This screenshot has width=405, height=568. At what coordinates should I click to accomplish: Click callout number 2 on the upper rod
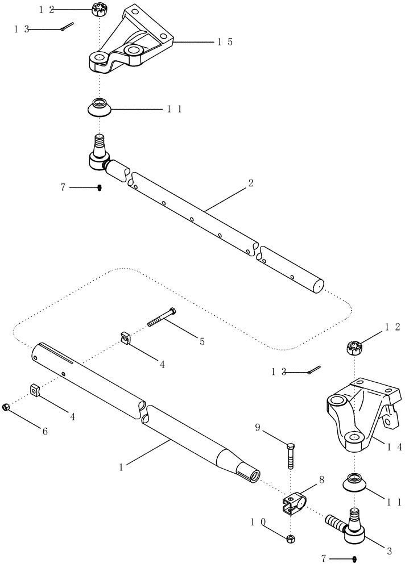pyautogui.click(x=251, y=184)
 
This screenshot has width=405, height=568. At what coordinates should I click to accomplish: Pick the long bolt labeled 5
pyautogui.click(x=162, y=317)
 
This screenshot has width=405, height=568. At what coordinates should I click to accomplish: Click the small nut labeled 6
pyautogui.click(x=5, y=406)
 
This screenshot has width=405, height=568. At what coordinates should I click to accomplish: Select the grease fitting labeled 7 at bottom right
pyautogui.click(x=354, y=558)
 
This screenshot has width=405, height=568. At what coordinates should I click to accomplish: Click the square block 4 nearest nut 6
pyautogui.click(x=35, y=391)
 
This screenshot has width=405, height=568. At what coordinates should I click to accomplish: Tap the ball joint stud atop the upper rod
pyautogui.click(x=98, y=145)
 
